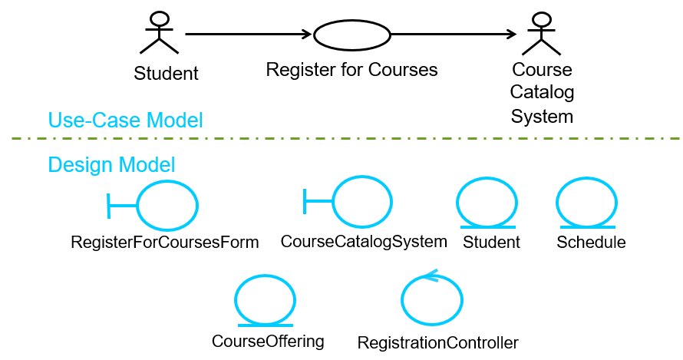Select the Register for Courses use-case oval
click(x=352, y=34)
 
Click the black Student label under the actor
click(x=166, y=74)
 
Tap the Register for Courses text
click(x=351, y=70)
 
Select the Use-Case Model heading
click(x=125, y=120)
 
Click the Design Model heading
click(x=111, y=164)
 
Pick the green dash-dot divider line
click(x=345, y=138)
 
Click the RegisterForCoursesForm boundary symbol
click(x=154, y=205)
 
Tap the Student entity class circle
click(x=487, y=203)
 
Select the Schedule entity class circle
click(x=586, y=203)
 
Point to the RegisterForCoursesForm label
click(x=165, y=243)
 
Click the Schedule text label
click(x=591, y=243)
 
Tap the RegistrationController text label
click(x=438, y=342)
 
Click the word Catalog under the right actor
click(x=542, y=94)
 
